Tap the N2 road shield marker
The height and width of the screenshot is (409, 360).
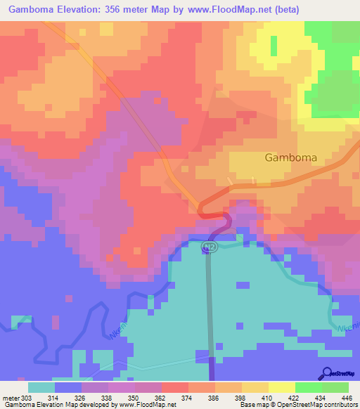208,247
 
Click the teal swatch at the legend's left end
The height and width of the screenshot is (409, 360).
41,387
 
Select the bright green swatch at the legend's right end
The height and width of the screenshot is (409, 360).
335,387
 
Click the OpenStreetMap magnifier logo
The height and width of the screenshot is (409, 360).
326,372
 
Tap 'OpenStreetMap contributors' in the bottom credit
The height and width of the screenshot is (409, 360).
323,404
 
